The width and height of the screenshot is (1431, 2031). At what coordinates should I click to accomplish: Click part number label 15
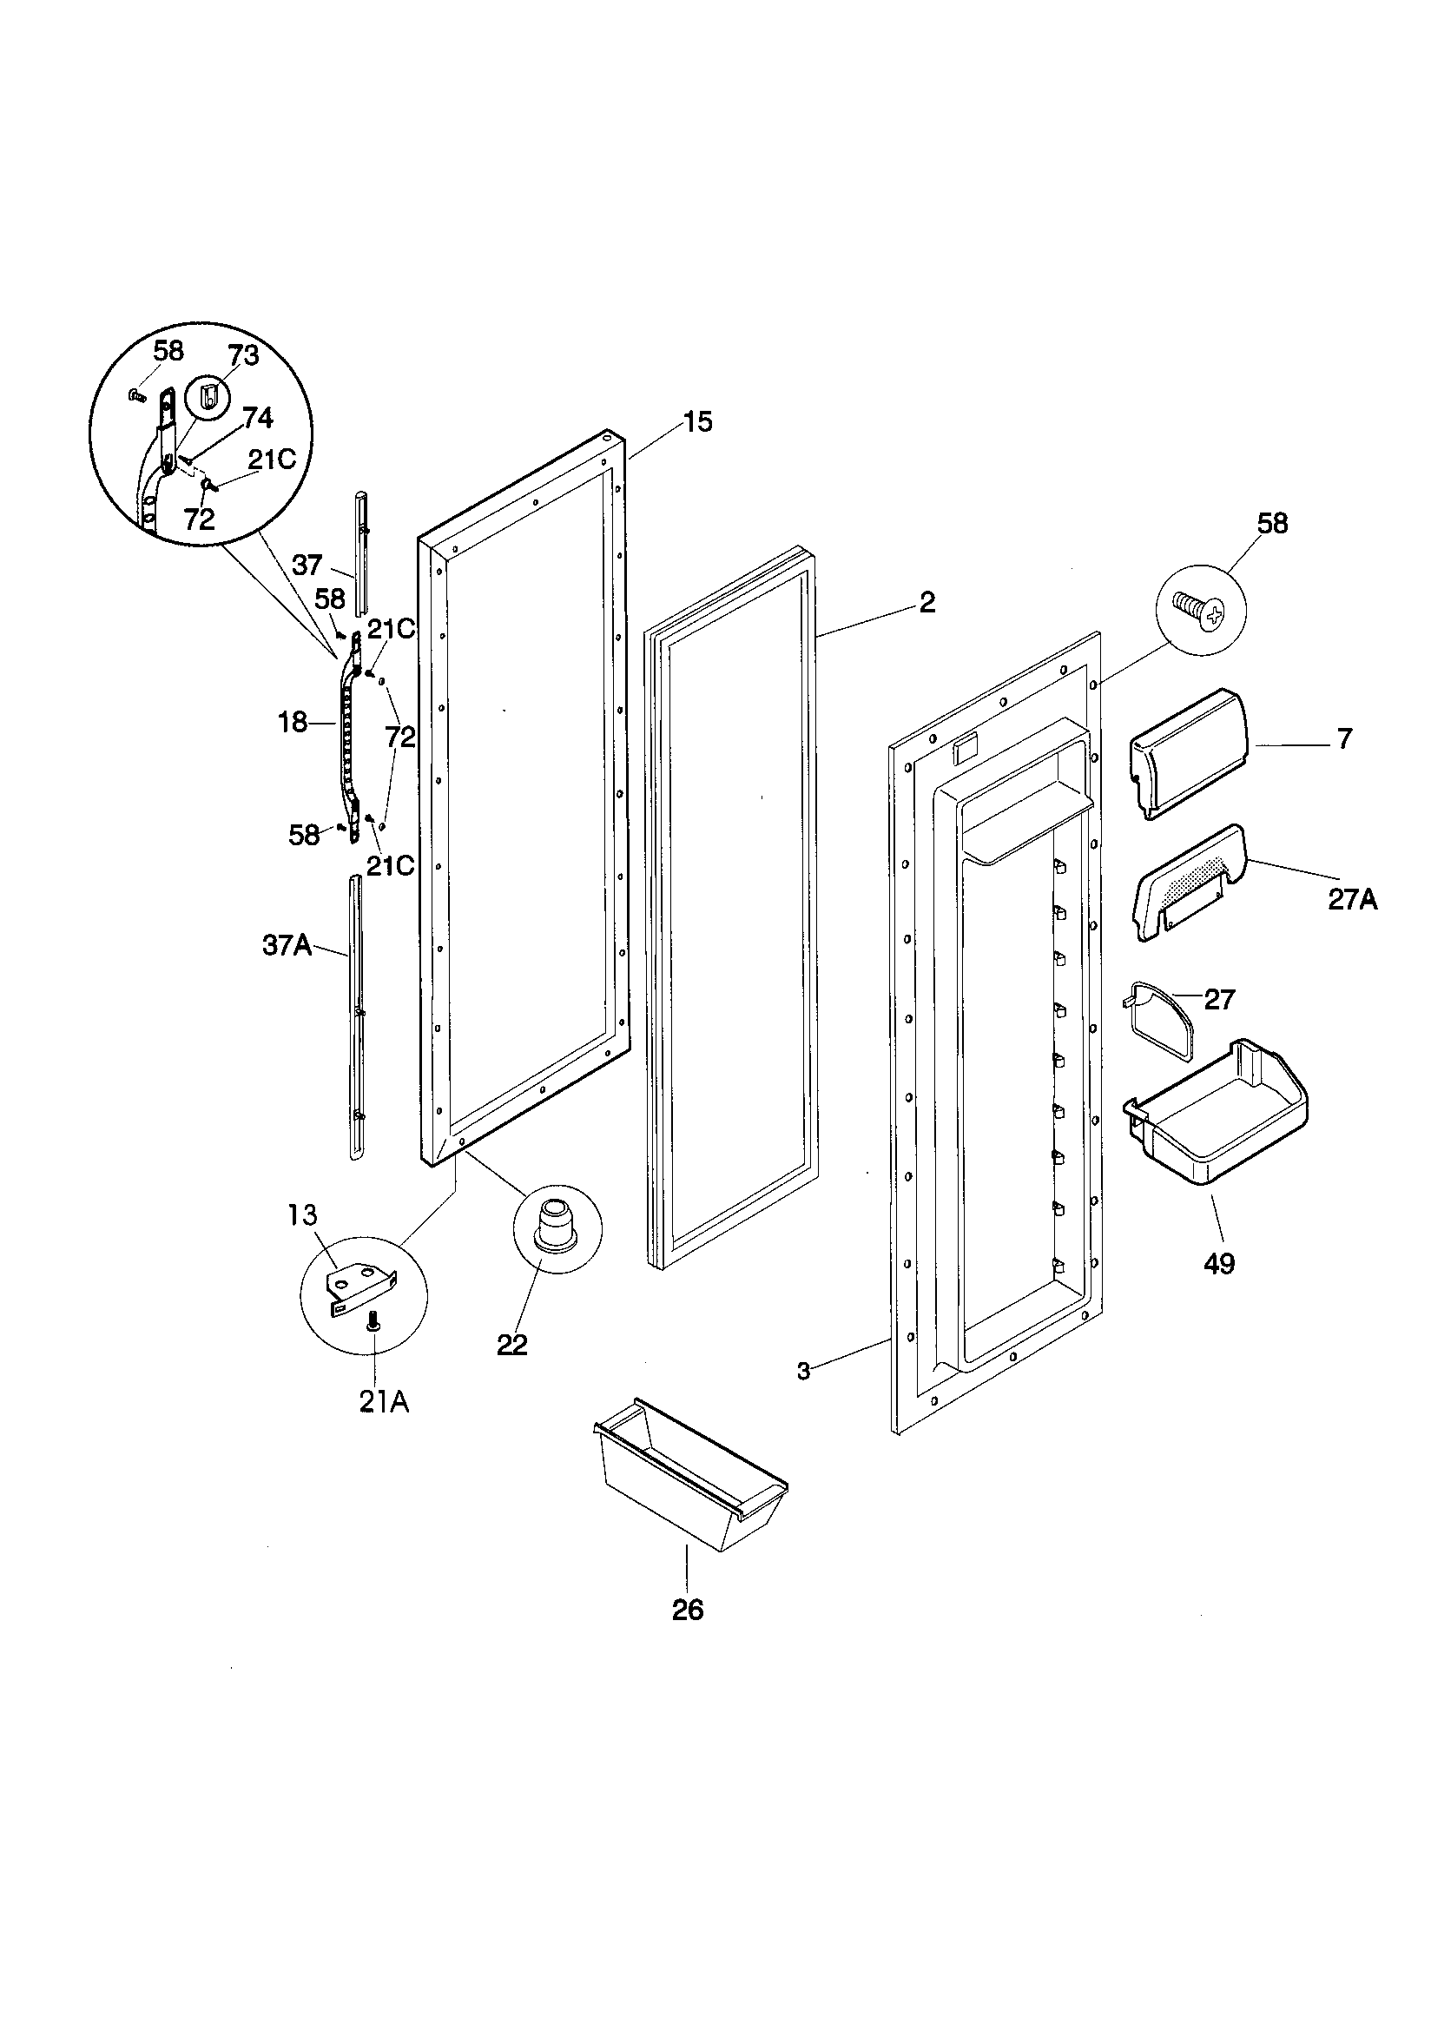(x=698, y=422)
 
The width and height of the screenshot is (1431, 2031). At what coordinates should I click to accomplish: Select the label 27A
(x=1351, y=900)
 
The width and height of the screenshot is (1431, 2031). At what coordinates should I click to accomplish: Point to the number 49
(x=1219, y=1264)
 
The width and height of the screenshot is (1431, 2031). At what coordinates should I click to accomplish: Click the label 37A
(x=287, y=946)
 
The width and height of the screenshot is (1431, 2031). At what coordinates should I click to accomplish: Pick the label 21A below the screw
(x=384, y=1403)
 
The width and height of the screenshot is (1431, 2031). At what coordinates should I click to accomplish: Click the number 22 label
(x=512, y=1345)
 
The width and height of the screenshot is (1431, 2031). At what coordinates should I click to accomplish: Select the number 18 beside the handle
(x=293, y=723)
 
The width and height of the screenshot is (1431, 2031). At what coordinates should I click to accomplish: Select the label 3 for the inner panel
(x=803, y=1371)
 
